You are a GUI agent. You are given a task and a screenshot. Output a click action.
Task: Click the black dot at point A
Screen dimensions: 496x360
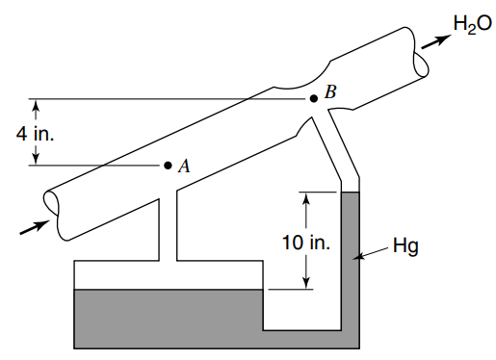pos(168,166)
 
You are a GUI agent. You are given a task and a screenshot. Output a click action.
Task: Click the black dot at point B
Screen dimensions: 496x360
pos(314,98)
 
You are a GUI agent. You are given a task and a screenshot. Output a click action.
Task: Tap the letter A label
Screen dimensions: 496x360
pos(184,167)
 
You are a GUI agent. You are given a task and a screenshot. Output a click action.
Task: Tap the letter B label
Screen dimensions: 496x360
pos(330,91)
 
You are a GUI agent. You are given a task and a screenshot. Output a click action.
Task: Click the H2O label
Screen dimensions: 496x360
pos(472,24)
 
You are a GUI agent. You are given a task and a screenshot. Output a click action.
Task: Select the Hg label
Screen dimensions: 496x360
pos(405,246)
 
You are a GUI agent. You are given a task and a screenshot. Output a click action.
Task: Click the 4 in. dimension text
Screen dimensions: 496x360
pos(35,133)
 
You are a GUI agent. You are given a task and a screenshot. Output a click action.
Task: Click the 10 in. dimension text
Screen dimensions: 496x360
pos(306,243)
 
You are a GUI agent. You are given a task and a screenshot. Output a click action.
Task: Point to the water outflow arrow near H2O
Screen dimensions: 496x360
pos(436,41)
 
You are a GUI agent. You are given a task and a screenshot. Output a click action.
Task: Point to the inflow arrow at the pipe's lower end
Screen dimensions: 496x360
pos(36,227)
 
